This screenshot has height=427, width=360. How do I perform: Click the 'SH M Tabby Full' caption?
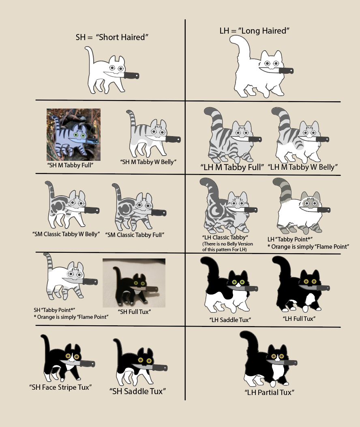pos(70,165)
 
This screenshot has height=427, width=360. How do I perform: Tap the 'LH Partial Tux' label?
pos(269,393)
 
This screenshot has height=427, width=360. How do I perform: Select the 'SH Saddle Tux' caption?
pos(137,391)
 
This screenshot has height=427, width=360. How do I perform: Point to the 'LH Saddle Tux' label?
pos(230,320)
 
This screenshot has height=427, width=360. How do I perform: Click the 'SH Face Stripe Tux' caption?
pos(60,387)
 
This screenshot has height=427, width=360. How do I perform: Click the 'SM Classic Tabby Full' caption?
pos(135,235)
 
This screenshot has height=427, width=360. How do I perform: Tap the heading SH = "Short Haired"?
pos(112,37)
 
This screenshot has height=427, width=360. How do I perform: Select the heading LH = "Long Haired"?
pos(254,30)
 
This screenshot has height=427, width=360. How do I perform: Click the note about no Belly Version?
pos(227,246)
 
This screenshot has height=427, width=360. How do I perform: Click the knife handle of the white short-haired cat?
pos(132,75)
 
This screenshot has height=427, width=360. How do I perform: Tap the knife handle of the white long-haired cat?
pos(286,70)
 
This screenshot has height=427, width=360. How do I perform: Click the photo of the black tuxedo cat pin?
pos(134,283)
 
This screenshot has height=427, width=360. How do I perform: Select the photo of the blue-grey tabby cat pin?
pos(73,135)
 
